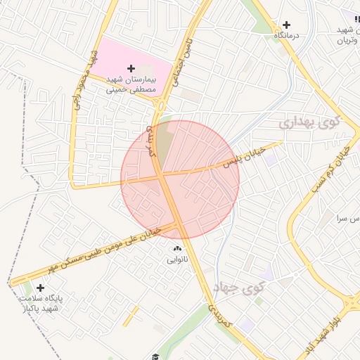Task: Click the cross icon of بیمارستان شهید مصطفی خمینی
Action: [131, 67]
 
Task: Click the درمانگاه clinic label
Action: [286, 35]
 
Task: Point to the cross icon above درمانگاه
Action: [286, 25]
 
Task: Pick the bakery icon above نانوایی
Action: [176, 249]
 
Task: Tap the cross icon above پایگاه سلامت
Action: [40, 288]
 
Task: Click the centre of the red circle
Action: [180, 179]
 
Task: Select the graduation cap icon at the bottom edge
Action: [155, 356]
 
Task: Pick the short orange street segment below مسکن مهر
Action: [130, 316]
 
